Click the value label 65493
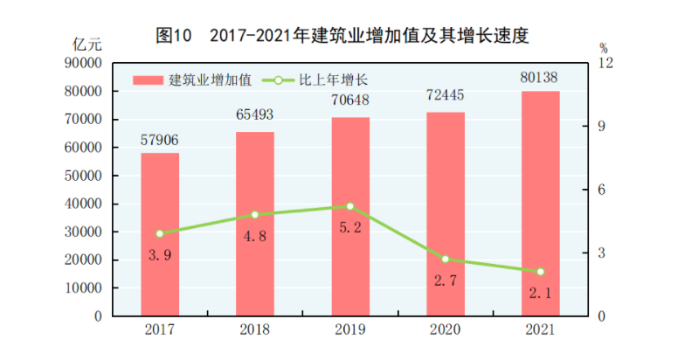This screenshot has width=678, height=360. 255,114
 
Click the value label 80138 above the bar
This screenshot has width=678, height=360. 540,78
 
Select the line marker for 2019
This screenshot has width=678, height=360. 350,206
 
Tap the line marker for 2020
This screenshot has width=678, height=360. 446,259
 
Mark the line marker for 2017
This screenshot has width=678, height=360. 160,233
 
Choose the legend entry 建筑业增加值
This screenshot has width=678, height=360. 193,80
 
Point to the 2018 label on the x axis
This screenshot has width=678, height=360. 255,329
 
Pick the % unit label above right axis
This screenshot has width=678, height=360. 603,46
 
